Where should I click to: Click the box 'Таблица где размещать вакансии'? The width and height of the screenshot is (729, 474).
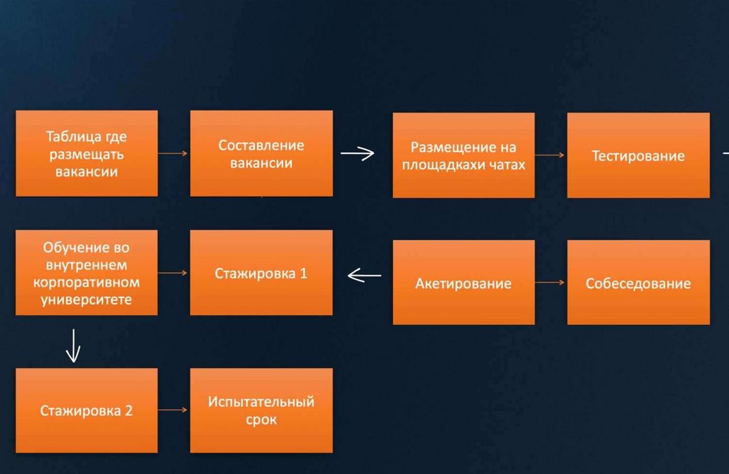(x=86, y=153)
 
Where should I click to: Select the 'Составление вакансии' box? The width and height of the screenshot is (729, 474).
(x=261, y=153)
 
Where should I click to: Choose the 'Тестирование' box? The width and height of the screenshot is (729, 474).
(x=638, y=155)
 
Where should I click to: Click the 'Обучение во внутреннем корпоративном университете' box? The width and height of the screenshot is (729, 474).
(x=86, y=272)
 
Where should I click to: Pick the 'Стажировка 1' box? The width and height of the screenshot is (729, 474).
(x=261, y=272)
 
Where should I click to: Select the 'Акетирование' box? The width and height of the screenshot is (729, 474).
(x=463, y=283)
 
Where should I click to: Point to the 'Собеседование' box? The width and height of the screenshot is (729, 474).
(x=638, y=283)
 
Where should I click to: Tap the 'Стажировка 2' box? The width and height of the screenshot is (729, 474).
(x=86, y=410)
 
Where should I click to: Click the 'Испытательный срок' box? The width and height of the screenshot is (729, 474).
(x=261, y=411)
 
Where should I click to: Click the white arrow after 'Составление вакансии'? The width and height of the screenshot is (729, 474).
(x=357, y=153)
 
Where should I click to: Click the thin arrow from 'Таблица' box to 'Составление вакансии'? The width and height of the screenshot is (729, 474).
(x=173, y=153)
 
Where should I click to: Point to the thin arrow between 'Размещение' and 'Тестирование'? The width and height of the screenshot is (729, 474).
(x=550, y=154)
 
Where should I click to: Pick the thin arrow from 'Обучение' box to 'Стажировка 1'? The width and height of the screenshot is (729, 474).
(x=173, y=272)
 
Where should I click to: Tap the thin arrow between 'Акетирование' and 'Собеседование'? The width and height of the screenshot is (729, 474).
(x=550, y=283)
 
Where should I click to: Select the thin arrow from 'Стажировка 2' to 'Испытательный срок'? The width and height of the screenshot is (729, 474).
(x=173, y=410)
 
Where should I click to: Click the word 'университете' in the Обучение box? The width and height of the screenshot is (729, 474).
(x=86, y=300)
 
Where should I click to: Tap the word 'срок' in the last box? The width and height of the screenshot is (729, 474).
(x=261, y=420)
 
